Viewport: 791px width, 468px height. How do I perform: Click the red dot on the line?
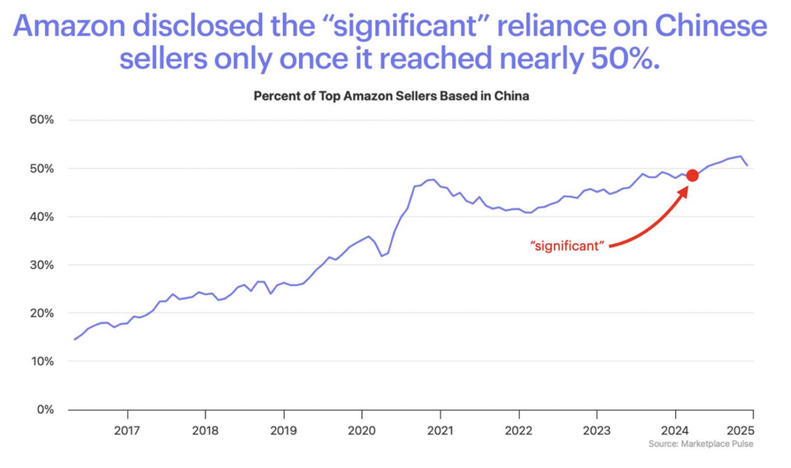692,175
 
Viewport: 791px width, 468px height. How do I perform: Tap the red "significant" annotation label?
567,246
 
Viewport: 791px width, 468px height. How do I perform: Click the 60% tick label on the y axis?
41,120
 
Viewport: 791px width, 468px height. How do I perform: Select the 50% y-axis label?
41,169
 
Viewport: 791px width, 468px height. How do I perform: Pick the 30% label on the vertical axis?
41,265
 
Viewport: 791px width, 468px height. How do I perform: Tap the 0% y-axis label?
44,410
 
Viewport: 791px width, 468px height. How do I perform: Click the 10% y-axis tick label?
42,361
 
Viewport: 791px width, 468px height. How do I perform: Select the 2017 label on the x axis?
127,431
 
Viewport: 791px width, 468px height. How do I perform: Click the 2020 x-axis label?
361,431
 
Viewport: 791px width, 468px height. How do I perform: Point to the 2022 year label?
518,431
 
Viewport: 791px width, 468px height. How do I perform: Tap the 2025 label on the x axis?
740,431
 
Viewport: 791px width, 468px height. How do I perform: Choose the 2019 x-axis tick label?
283,431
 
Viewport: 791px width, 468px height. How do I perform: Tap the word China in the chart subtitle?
511,96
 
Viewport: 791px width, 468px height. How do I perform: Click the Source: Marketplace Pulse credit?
700,444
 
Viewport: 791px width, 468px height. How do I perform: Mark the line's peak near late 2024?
740,157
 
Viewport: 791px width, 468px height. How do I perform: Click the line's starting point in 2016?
75,339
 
